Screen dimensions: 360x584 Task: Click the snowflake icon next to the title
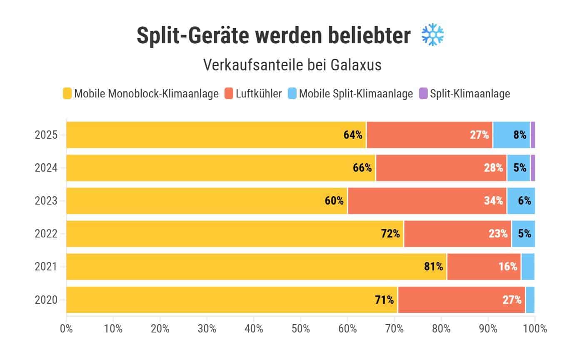(x=433, y=35)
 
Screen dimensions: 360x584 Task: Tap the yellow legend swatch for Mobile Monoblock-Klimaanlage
(x=67, y=93)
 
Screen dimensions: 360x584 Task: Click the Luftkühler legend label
(x=258, y=93)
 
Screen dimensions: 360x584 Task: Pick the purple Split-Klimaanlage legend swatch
(x=423, y=93)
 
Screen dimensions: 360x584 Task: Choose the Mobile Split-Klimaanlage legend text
(x=356, y=93)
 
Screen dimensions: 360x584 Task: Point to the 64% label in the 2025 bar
(x=353, y=135)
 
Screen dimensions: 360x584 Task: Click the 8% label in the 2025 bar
(x=519, y=135)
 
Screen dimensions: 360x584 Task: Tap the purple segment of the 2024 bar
(x=532, y=167)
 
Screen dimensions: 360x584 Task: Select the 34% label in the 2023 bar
(x=493, y=201)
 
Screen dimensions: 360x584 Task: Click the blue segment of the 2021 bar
(x=527, y=267)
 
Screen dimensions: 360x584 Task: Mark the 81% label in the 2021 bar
(x=433, y=267)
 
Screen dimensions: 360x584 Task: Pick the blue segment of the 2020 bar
(x=530, y=300)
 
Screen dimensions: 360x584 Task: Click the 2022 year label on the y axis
(x=46, y=234)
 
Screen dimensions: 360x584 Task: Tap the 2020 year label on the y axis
(x=46, y=300)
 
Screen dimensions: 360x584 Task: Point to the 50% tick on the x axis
(x=301, y=329)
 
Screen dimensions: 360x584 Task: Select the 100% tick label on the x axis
(x=534, y=329)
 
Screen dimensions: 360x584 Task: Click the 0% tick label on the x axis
(x=66, y=329)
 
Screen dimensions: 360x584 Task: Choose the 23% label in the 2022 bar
(x=498, y=234)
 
